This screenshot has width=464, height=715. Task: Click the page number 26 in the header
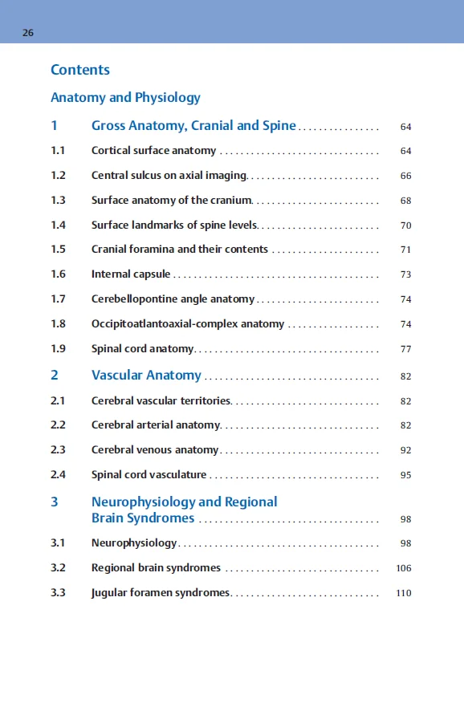(28, 33)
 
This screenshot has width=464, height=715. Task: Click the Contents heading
(80, 70)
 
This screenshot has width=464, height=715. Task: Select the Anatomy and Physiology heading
(125, 98)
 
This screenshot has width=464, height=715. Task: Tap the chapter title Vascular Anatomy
(146, 376)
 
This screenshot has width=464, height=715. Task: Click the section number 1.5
(58, 250)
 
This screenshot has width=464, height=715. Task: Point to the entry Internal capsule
(131, 274)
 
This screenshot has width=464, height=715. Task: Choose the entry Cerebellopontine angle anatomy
(173, 299)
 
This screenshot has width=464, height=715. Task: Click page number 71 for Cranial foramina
(405, 250)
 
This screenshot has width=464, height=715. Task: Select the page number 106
(404, 568)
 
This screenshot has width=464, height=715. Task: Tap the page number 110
(404, 593)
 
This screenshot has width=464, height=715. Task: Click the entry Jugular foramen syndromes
(161, 593)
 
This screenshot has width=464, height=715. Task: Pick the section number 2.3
(58, 450)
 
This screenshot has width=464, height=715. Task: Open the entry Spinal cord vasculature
(149, 475)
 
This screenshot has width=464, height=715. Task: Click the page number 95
(405, 475)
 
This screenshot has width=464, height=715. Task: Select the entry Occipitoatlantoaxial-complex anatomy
(188, 324)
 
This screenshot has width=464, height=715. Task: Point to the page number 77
(405, 349)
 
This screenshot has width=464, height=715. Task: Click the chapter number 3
(55, 502)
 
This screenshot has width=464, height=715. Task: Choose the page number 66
(405, 176)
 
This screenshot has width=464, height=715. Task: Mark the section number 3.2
(58, 568)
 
